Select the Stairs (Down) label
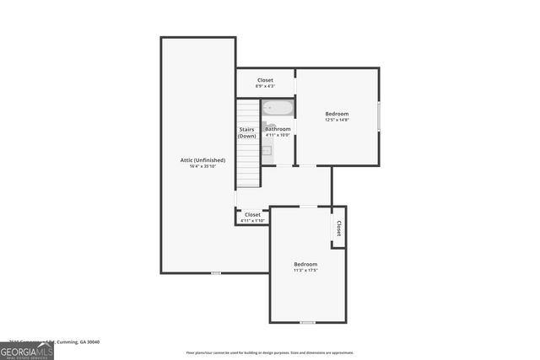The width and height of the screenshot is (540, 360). pyautogui.click(x=246, y=132)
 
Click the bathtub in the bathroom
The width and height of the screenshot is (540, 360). pyautogui.click(x=277, y=108)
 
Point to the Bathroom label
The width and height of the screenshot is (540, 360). pyautogui.click(x=278, y=129)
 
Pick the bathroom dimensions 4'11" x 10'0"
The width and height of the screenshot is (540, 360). pyautogui.click(x=278, y=135)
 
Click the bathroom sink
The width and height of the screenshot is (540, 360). pyautogui.click(x=266, y=150)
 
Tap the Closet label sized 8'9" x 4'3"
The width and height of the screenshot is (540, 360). pyautogui.click(x=265, y=80)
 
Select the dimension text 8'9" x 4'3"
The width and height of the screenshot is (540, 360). pyautogui.click(x=265, y=86)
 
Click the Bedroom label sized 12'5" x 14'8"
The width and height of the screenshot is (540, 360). pyautogui.click(x=337, y=113)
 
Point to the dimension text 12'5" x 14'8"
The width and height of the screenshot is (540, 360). pyautogui.click(x=337, y=120)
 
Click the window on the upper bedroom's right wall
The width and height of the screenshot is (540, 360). pyautogui.click(x=379, y=116)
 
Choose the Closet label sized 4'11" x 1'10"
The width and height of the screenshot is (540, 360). pyautogui.click(x=252, y=214)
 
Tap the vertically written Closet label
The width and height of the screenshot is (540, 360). pyautogui.click(x=338, y=228)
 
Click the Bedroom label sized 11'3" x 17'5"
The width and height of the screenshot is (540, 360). pyautogui.click(x=305, y=264)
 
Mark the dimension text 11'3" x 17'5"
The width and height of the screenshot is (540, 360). pyautogui.click(x=305, y=270)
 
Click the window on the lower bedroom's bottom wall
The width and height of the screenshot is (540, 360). pyautogui.click(x=307, y=322)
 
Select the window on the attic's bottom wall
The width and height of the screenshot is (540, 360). pyautogui.click(x=217, y=272)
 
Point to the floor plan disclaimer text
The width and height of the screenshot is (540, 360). pyautogui.click(x=269, y=352)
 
